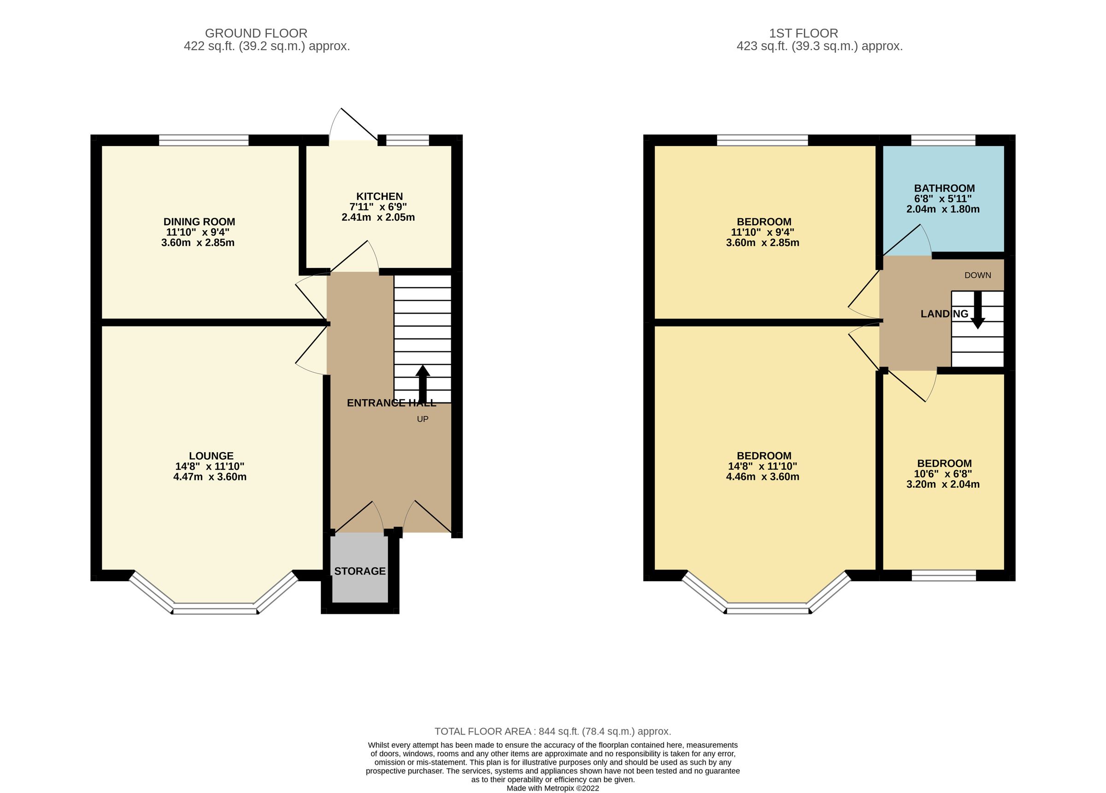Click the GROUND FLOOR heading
pyautogui.click(x=256, y=33)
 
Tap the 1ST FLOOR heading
pyautogui.click(x=803, y=33)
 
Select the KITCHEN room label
pyautogui.click(x=379, y=197)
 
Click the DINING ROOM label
pyautogui.click(x=199, y=222)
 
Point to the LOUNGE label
pyautogui.click(x=211, y=456)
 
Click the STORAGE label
pyautogui.click(x=360, y=571)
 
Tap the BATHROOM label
pyautogui.click(x=944, y=188)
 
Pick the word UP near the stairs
pyautogui.click(x=422, y=419)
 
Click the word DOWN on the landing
pyautogui.click(x=977, y=275)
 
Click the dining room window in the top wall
pyautogui.click(x=204, y=140)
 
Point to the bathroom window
pyautogui.click(x=943, y=140)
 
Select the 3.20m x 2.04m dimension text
pyautogui.click(x=943, y=484)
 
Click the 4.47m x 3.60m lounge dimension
pyautogui.click(x=210, y=477)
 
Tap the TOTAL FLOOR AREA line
pyautogui.click(x=553, y=731)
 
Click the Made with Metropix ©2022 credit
pyautogui.click(x=553, y=787)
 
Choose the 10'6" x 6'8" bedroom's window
pyautogui.click(x=944, y=575)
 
